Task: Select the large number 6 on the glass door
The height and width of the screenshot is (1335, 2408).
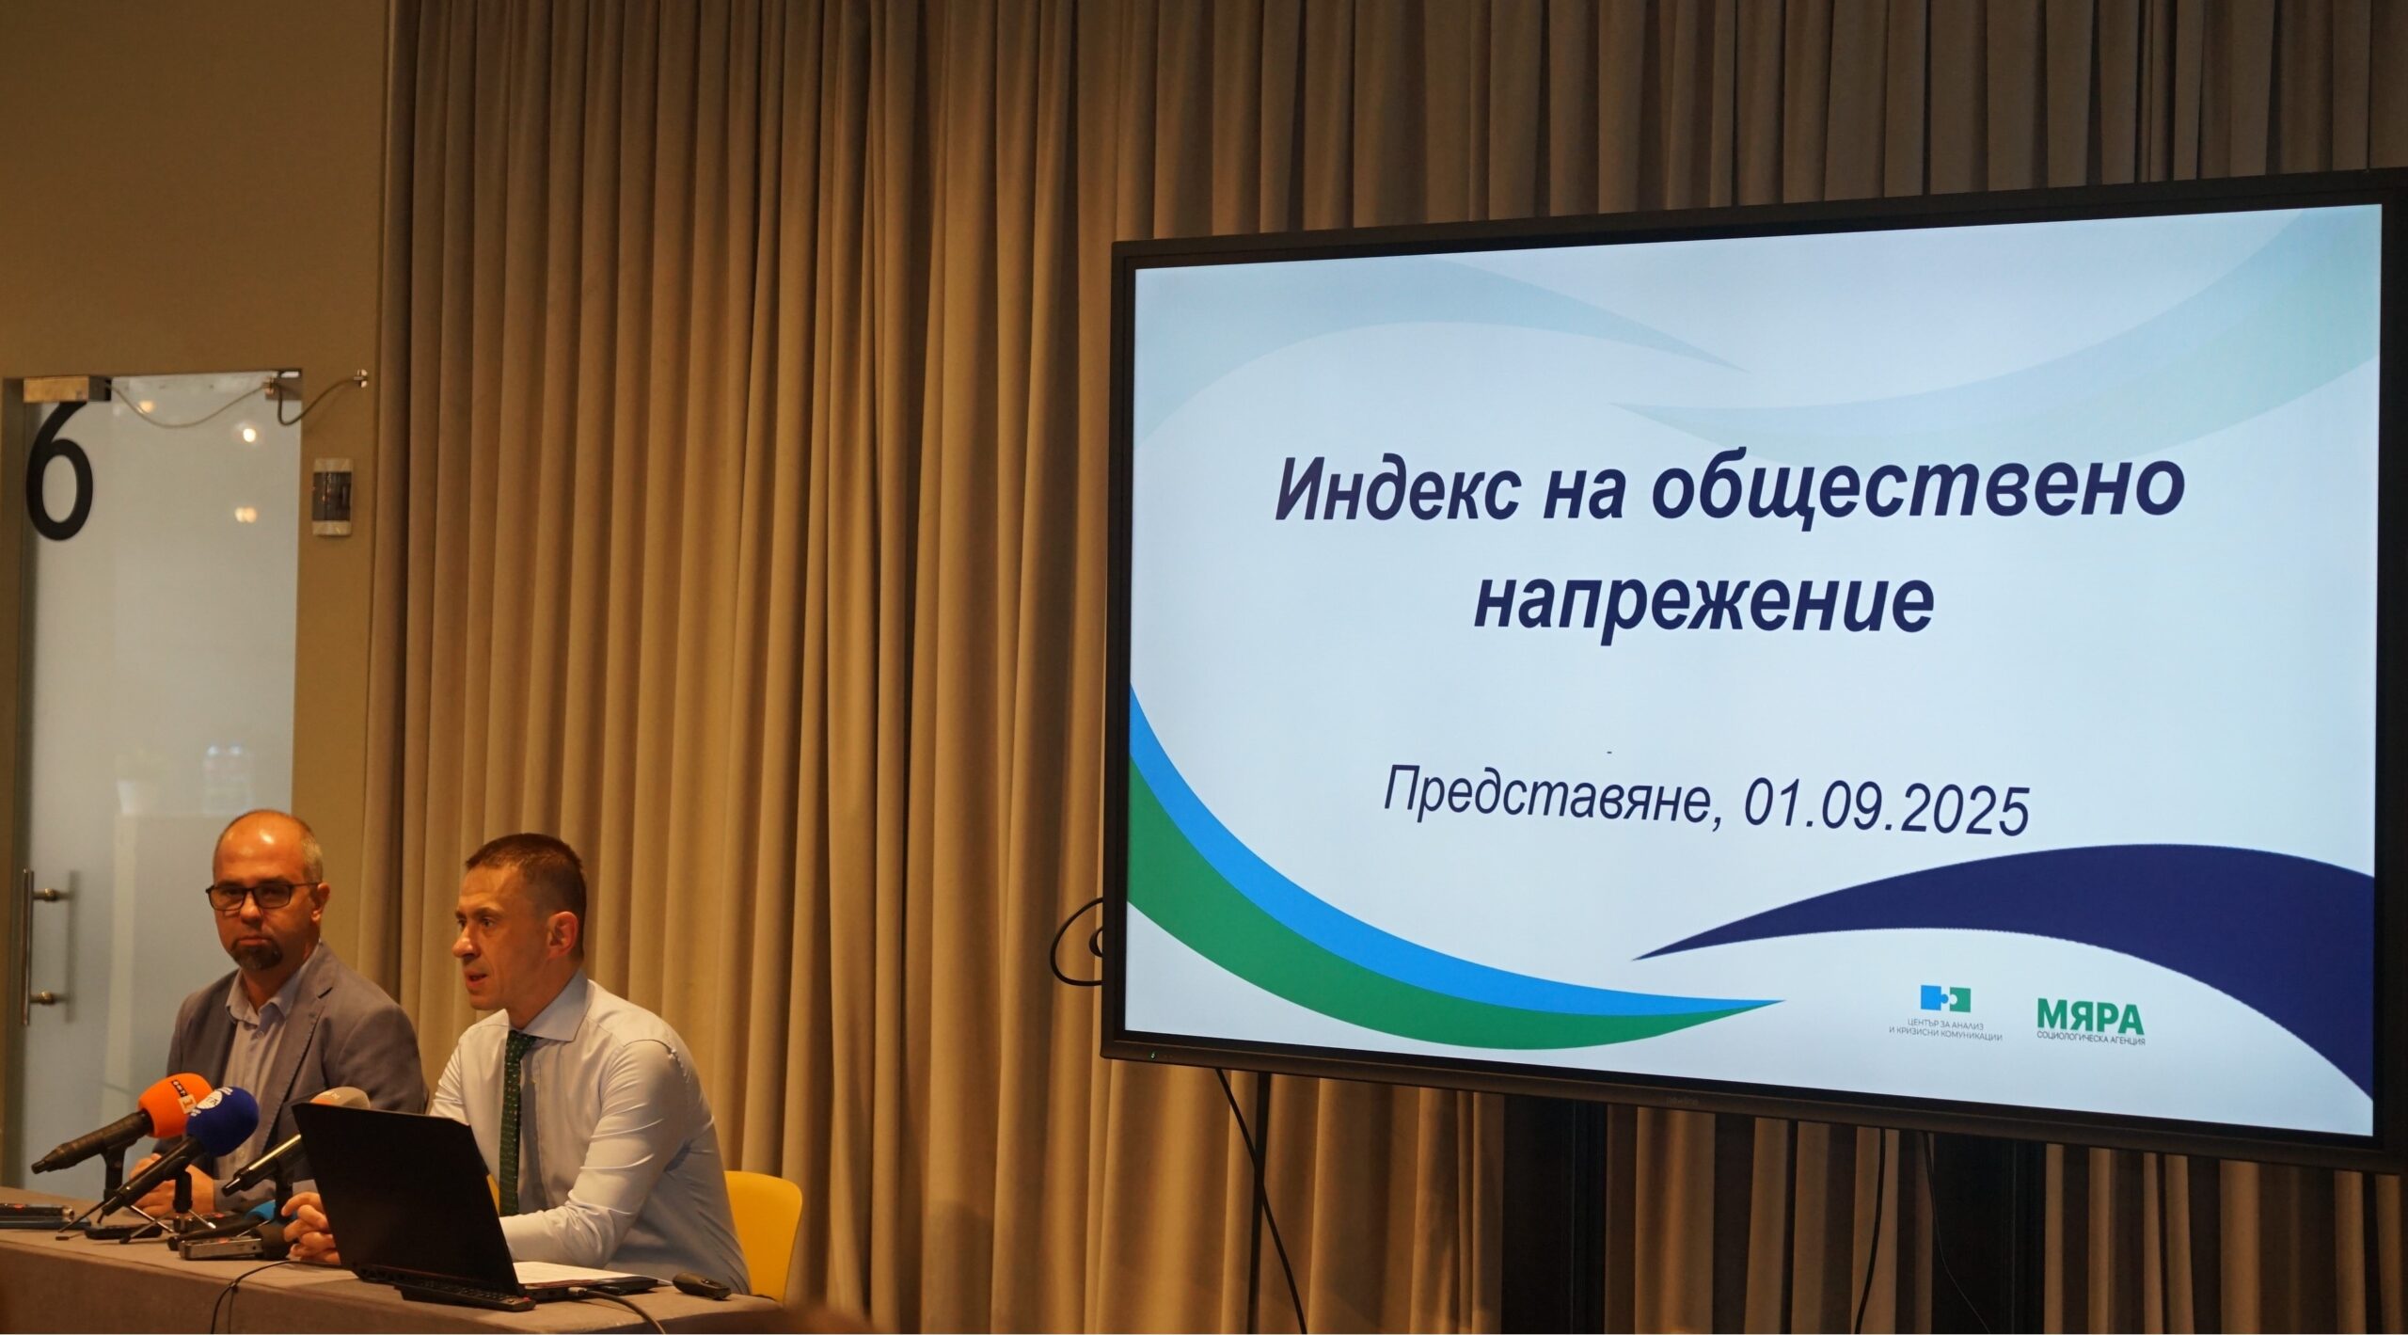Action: (60, 471)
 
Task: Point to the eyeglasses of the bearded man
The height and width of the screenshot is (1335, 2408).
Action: (261, 895)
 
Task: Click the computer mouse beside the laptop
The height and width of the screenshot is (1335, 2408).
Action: (701, 1284)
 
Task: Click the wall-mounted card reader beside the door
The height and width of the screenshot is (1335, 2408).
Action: (332, 496)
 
